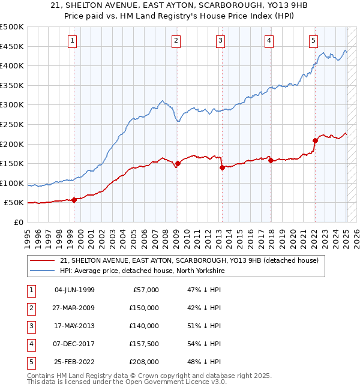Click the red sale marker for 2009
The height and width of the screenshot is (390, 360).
point(178,163)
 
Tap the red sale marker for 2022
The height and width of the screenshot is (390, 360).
point(315,140)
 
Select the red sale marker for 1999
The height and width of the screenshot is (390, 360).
point(74,200)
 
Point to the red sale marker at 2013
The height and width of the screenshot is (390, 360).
point(222,167)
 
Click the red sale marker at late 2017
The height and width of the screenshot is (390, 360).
point(271,160)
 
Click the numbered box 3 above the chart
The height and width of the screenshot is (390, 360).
point(221,41)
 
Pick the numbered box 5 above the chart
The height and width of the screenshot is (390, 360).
point(314,41)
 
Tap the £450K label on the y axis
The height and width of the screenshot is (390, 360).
point(11,47)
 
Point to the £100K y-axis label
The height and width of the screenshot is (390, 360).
point(11,183)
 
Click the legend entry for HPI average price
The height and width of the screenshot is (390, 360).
point(142,271)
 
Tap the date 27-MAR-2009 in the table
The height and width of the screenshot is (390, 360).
point(74,308)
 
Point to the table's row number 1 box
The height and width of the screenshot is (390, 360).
point(30,290)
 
